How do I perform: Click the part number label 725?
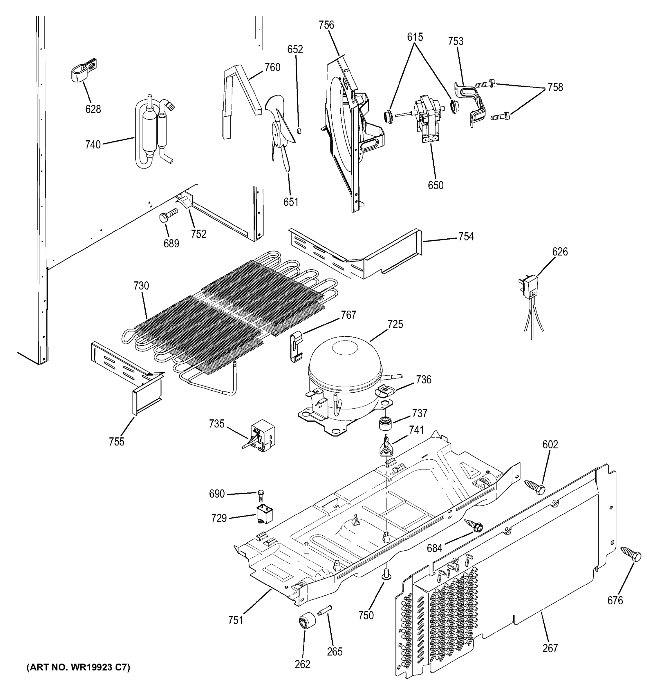(x=395, y=324)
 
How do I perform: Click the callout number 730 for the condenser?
(x=141, y=286)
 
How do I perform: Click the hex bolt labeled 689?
(x=168, y=215)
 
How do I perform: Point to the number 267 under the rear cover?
(x=550, y=648)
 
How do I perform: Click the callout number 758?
(x=555, y=87)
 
